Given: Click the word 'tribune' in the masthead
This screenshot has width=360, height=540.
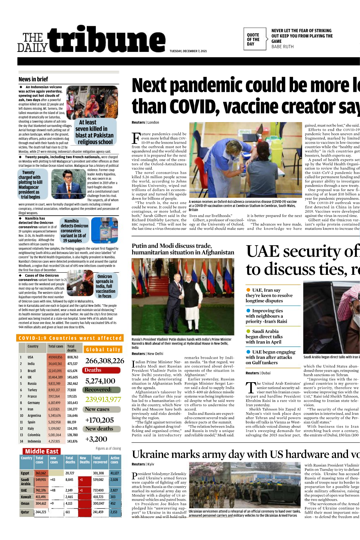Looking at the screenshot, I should coord(107,40).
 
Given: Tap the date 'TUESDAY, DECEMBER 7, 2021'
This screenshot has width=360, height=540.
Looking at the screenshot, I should coord(188,51).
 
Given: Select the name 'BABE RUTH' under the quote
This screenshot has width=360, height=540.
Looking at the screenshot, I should coord(283,47).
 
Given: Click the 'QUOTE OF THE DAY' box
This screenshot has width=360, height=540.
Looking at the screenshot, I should coord(254,39).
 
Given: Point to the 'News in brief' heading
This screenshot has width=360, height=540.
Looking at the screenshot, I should coord(33,79).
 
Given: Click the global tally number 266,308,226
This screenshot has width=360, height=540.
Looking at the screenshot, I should coord(104,361).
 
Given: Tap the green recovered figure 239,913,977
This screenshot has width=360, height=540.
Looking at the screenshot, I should coord(103,399).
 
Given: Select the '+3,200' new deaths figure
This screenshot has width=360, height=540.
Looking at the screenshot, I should coord(96,439).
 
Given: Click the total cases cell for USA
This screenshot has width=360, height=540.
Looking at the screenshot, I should coord(55,357).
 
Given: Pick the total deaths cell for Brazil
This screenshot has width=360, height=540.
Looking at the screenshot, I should coord(72,371).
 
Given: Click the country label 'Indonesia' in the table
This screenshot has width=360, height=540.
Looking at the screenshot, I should coord(34,441).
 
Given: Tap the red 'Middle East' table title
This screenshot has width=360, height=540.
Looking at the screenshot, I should coord(42,451).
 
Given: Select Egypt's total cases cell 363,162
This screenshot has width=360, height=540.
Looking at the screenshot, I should coord(41,473).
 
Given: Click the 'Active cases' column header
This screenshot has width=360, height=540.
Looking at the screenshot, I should coord(115,460).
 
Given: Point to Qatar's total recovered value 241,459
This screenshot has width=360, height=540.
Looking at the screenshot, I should coord(98,512).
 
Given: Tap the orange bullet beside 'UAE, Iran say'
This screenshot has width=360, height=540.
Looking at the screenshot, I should coord(248,290).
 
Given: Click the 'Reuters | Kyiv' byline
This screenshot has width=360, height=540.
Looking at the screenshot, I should coord(143,464).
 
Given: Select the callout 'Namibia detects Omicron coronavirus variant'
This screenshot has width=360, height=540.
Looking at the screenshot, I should coord(74,230).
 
